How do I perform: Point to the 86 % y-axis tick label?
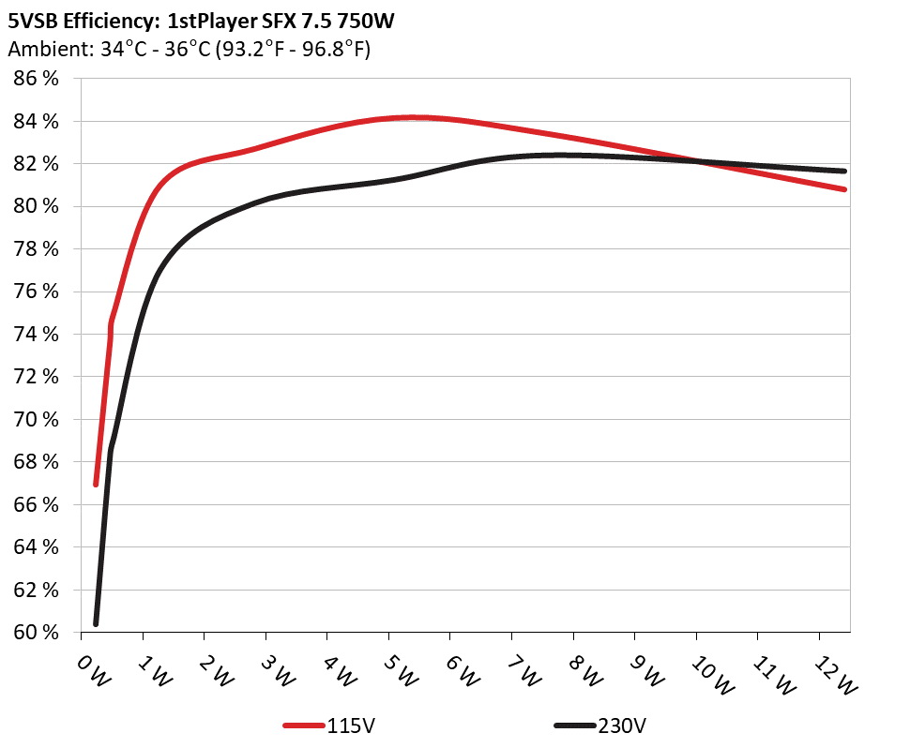pyautogui.click(x=37, y=79)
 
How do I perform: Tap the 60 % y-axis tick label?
pyautogui.click(x=37, y=633)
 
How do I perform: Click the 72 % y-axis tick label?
pyautogui.click(x=37, y=377)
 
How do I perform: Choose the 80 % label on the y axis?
pyautogui.click(x=37, y=206)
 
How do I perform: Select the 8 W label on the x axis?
pyautogui.click(x=585, y=669)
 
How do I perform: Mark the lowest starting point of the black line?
pyautogui.click(x=96, y=623)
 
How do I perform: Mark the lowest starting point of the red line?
pyautogui.click(x=96, y=484)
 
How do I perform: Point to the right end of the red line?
pyautogui.click(x=845, y=189)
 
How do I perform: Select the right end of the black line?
pyautogui.click(x=845, y=172)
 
